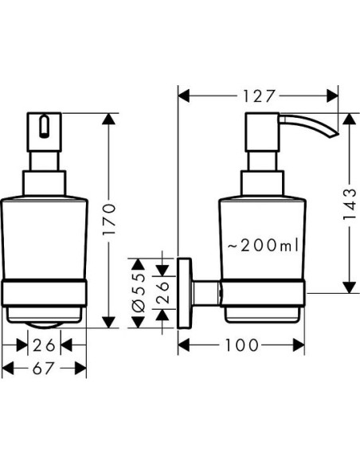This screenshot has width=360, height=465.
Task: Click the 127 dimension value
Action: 258,96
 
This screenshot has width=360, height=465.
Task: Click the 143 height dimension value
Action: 349,205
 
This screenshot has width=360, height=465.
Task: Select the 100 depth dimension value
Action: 241,346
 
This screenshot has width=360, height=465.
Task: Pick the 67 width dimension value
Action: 43,369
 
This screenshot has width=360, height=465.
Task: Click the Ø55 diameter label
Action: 139,293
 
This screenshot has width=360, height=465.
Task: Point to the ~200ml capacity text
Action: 263,245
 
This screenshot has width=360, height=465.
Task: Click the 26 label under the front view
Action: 44,346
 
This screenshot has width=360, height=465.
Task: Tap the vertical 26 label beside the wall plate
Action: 162,293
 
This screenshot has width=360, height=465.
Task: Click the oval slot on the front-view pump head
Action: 44,127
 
